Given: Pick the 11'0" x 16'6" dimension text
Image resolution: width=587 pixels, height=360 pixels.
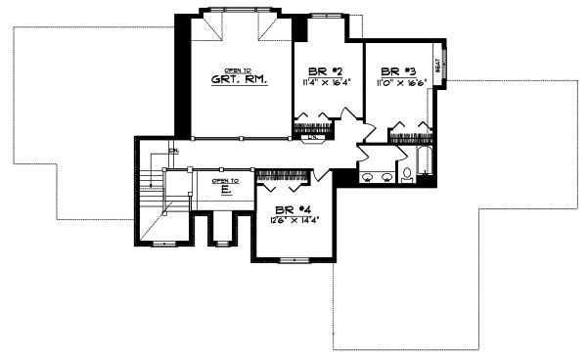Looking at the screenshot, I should coord(400,84).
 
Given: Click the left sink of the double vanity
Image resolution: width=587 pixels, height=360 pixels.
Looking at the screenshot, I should coord(369,177).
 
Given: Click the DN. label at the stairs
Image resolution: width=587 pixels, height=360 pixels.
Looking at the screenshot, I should coord(172,152).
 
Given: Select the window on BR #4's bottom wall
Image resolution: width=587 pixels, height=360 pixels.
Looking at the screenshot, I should coord(294,259).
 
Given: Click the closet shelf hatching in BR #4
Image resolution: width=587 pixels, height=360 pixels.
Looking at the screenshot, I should coord(283,176).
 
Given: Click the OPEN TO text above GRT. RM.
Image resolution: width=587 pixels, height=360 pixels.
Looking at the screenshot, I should coord(237,70).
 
